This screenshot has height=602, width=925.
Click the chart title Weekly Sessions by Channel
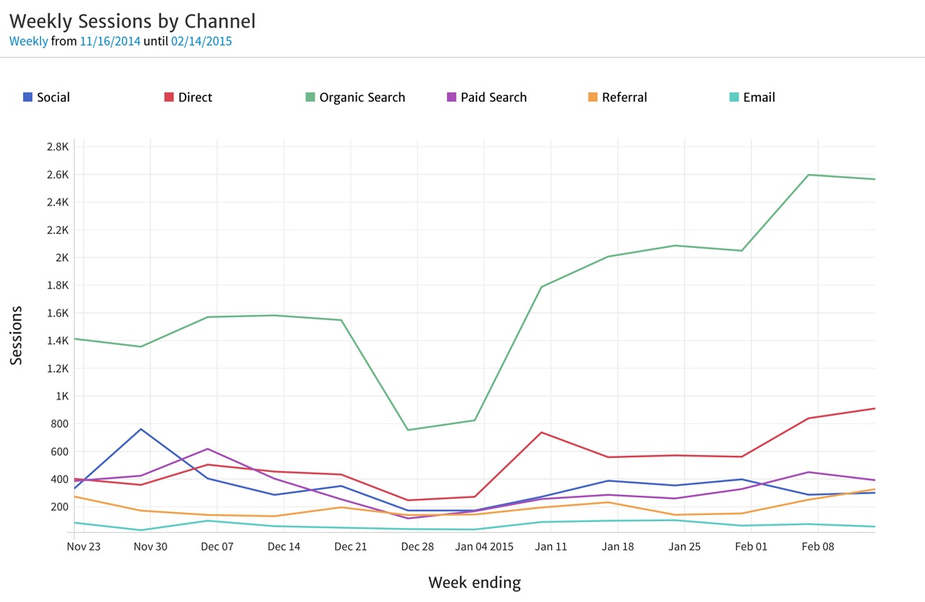(x=132, y=21)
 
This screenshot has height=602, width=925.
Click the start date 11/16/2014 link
(x=110, y=42)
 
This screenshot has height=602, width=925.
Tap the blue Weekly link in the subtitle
(x=29, y=42)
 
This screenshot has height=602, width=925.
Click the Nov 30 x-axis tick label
(x=150, y=547)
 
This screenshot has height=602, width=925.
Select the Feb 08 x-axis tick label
(x=817, y=547)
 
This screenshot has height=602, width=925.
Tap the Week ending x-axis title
(x=475, y=583)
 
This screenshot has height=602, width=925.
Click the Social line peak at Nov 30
(x=141, y=429)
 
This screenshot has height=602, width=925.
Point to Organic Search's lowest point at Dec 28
(x=408, y=430)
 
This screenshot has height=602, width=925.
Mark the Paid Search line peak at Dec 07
(x=207, y=449)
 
